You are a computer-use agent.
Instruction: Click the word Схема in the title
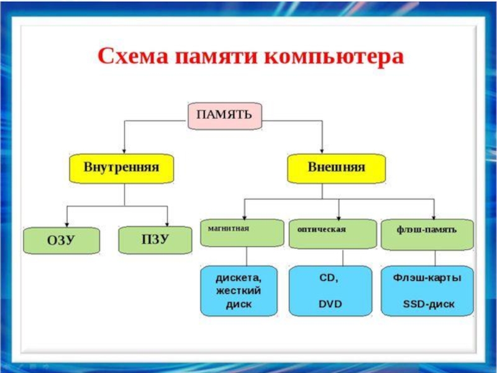click(132, 57)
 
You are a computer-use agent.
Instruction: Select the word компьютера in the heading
click(334, 58)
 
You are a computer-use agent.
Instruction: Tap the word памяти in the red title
click(216, 57)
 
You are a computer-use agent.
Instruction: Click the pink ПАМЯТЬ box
click(225, 116)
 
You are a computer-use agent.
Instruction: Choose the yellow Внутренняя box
click(121, 168)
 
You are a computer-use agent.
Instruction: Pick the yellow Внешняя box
click(336, 168)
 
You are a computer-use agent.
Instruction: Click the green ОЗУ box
click(62, 241)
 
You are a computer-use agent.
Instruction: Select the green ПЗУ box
click(155, 240)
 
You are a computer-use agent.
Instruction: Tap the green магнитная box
click(242, 233)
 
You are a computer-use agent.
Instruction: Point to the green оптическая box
click(333, 234)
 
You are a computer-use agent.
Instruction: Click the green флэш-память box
click(427, 234)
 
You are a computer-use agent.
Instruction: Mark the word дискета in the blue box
click(239, 278)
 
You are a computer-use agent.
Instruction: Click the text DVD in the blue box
click(331, 304)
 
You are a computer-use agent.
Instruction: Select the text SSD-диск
click(429, 304)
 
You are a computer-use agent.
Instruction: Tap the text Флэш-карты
click(427, 278)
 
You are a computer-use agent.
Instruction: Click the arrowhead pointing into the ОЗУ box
click(67, 224)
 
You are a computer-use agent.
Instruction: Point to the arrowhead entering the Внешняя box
click(322, 151)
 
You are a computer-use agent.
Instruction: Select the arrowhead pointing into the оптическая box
click(339, 217)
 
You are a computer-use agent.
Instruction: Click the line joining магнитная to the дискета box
click(247, 256)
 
